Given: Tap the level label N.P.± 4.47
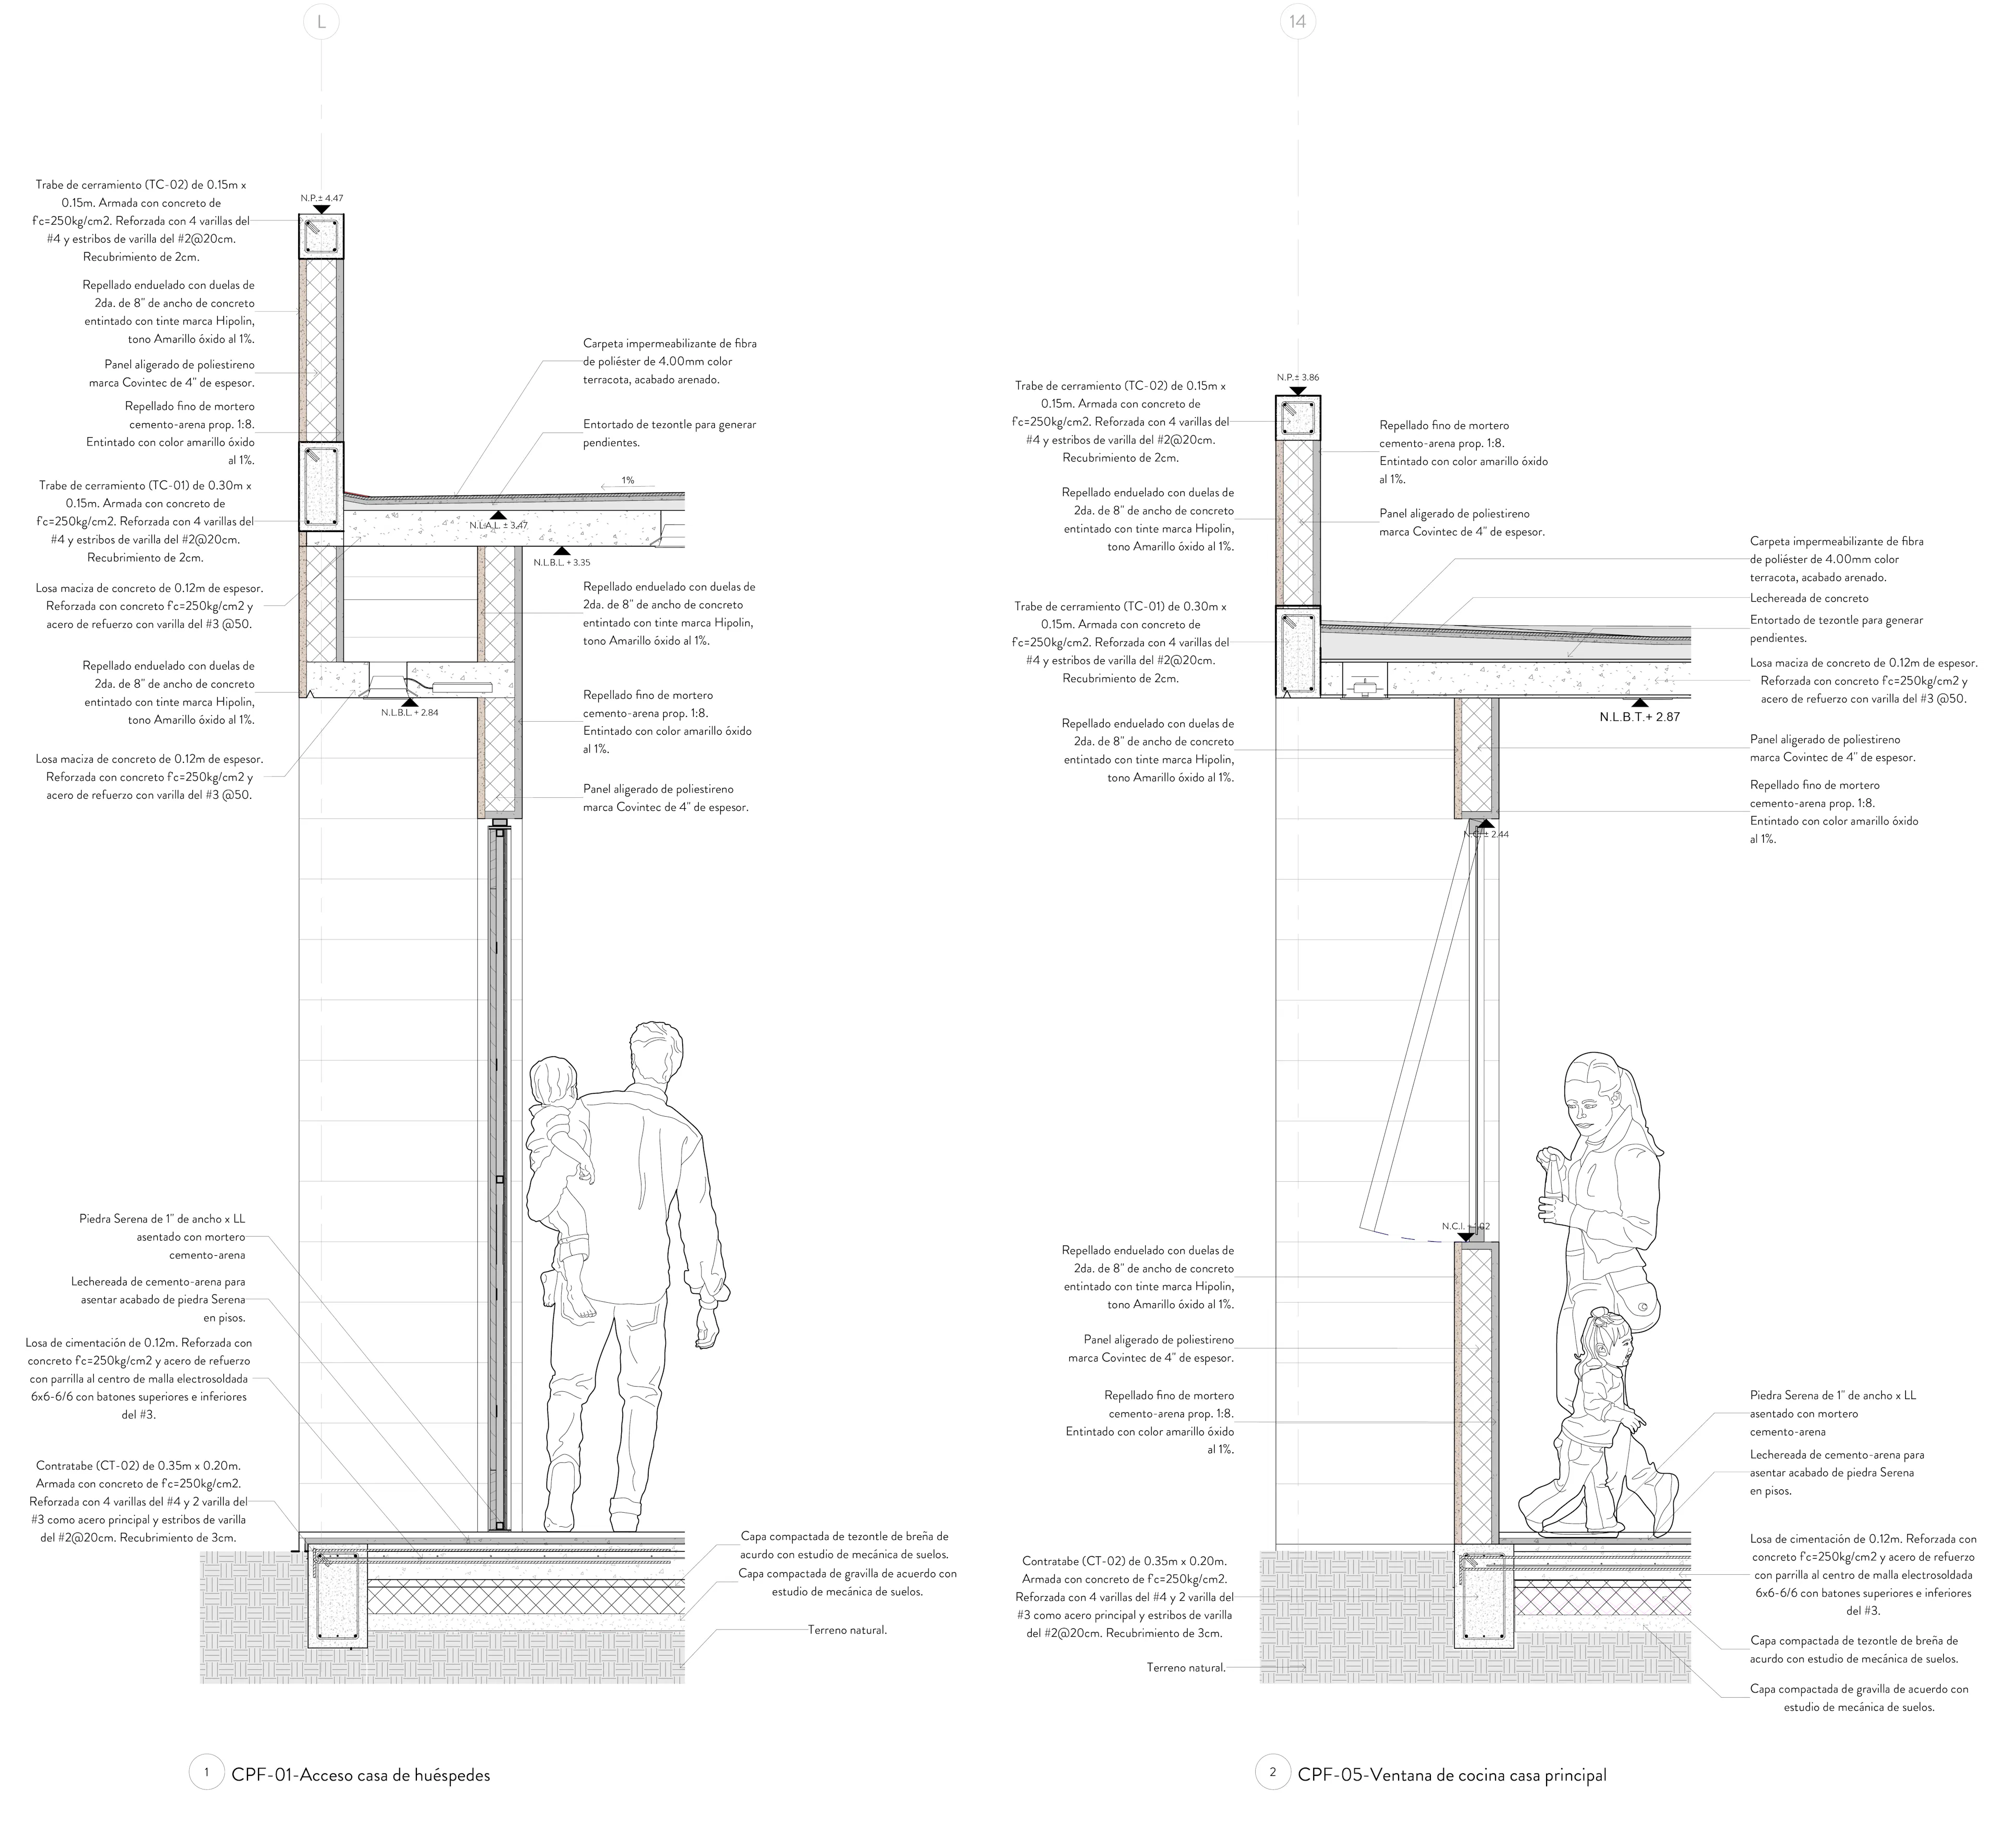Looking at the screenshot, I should coord(322,198).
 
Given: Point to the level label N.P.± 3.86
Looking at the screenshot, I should coord(1298,378).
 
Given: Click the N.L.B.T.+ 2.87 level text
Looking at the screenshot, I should coord(1639,717).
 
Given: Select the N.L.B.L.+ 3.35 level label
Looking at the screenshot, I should coord(562,562).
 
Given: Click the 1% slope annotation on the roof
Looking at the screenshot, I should coord(627,480).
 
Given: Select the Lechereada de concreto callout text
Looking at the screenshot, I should coord(1809,599).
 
